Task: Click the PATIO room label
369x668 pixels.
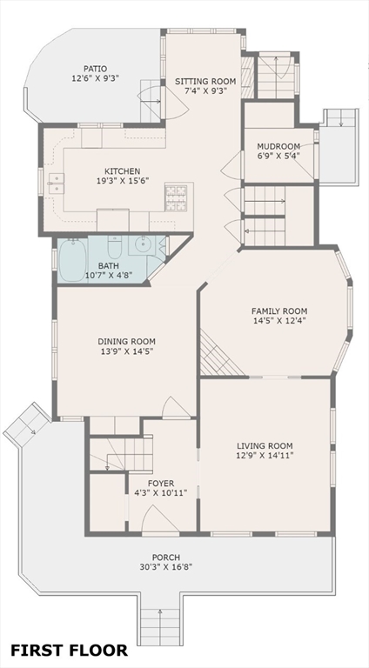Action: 95,69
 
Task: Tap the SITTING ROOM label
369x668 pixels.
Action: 205,81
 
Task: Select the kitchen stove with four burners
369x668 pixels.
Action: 176,197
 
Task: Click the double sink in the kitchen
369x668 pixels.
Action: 57,184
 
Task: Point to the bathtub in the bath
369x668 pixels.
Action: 72,260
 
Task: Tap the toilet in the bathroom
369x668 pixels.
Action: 114,247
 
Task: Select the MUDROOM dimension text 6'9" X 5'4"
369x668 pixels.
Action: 278,156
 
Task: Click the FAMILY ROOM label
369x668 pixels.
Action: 279,311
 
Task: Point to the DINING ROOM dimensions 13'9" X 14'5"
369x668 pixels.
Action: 126,351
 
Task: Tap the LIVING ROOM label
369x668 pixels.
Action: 265,446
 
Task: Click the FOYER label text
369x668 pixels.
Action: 161,484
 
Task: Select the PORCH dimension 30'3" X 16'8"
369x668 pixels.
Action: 165,567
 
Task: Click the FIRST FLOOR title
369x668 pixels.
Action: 69,650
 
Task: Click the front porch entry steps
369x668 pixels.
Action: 160,627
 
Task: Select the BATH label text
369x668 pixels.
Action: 105,266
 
